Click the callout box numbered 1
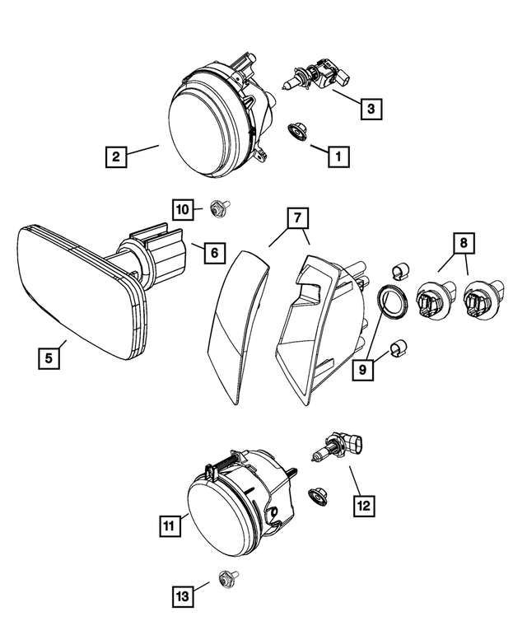click(x=336, y=154)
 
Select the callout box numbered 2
click(x=117, y=156)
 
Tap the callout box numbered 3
click(x=371, y=108)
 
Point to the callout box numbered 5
click(x=49, y=358)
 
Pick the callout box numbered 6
click(x=212, y=253)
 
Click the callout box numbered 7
click(x=296, y=219)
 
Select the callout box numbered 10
click(x=184, y=209)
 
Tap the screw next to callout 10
click(x=219, y=208)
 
